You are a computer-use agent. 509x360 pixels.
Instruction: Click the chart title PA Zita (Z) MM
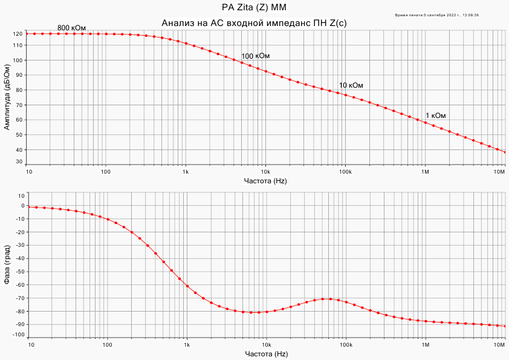click(254, 8)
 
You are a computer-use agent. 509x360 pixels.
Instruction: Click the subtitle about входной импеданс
click(254, 23)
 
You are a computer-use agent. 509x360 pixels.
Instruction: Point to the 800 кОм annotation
click(72, 28)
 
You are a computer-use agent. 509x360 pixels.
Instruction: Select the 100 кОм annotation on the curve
click(256, 56)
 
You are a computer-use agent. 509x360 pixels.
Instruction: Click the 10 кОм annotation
click(351, 85)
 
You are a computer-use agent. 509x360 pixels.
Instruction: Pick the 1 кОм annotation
click(436, 116)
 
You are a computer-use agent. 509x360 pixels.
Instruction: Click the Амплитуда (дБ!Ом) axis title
click(7, 98)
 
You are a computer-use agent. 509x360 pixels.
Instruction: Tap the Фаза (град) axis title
click(7, 264)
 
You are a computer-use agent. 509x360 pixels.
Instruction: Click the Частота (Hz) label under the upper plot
click(265, 181)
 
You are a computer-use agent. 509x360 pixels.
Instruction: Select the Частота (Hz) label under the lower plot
click(265, 353)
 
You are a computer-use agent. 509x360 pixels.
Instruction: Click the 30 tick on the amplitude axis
click(19, 162)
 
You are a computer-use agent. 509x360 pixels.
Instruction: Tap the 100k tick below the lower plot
click(346, 345)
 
